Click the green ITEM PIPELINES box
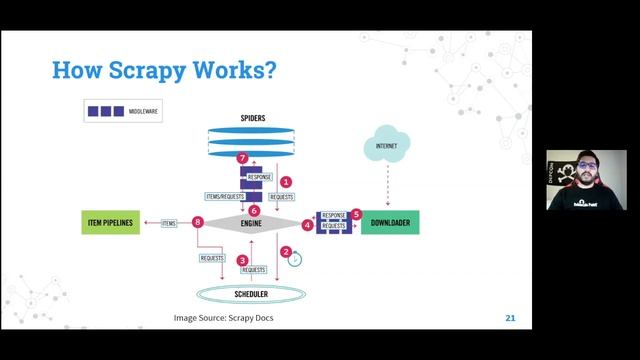coord(111,222)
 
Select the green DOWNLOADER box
coord(389,222)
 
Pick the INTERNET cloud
coord(386,146)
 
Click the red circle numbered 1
coord(286,182)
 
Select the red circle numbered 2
coord(286,252)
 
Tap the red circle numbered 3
coord(243,260)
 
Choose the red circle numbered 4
coord(307,225)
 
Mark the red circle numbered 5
coord(356,214)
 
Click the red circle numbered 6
coord(254,210)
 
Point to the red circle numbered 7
coord(242,158)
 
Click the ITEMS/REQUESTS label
coord(225,196)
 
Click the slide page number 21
coord(510,318)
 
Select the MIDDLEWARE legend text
coord(146,111)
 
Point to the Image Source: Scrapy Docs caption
coord(223,319)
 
